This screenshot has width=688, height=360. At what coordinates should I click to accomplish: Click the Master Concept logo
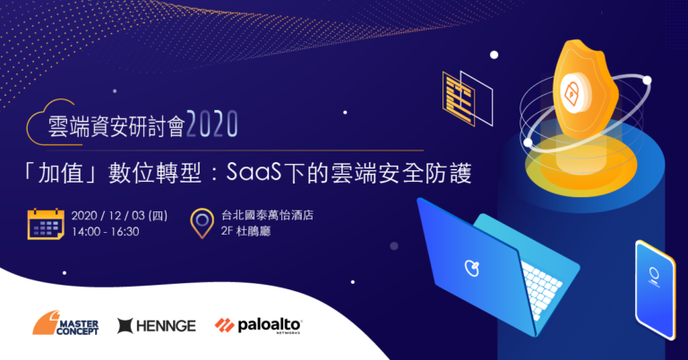click(65, 323)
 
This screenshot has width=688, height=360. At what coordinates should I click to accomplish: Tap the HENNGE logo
click(157, 326)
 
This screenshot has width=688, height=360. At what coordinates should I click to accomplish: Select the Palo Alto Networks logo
click(258, 326)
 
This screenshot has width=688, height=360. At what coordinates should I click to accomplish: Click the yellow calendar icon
click(46, 224)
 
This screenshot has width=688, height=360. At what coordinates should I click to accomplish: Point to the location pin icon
click(202, 223)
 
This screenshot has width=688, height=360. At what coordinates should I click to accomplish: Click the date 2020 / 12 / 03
click(108, 216)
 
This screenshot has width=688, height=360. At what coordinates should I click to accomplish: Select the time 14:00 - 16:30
click(106, 232)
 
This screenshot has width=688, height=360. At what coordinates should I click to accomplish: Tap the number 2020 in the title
click(212, 124)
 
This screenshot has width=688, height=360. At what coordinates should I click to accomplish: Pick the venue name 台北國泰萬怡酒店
click(267, 215)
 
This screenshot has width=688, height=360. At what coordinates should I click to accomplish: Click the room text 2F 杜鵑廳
click(245, 231)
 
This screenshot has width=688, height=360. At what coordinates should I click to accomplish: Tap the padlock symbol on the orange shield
click(572, 92)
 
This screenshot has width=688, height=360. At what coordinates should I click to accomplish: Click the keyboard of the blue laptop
click(542, 288)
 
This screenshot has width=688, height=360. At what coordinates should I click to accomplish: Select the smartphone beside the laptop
click(655, 289)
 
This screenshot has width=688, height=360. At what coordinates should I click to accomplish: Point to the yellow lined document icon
click(459, 99)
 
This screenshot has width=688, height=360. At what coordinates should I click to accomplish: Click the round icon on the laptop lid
click(472, 268)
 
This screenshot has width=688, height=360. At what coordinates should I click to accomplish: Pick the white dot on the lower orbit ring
click(529, 142)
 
